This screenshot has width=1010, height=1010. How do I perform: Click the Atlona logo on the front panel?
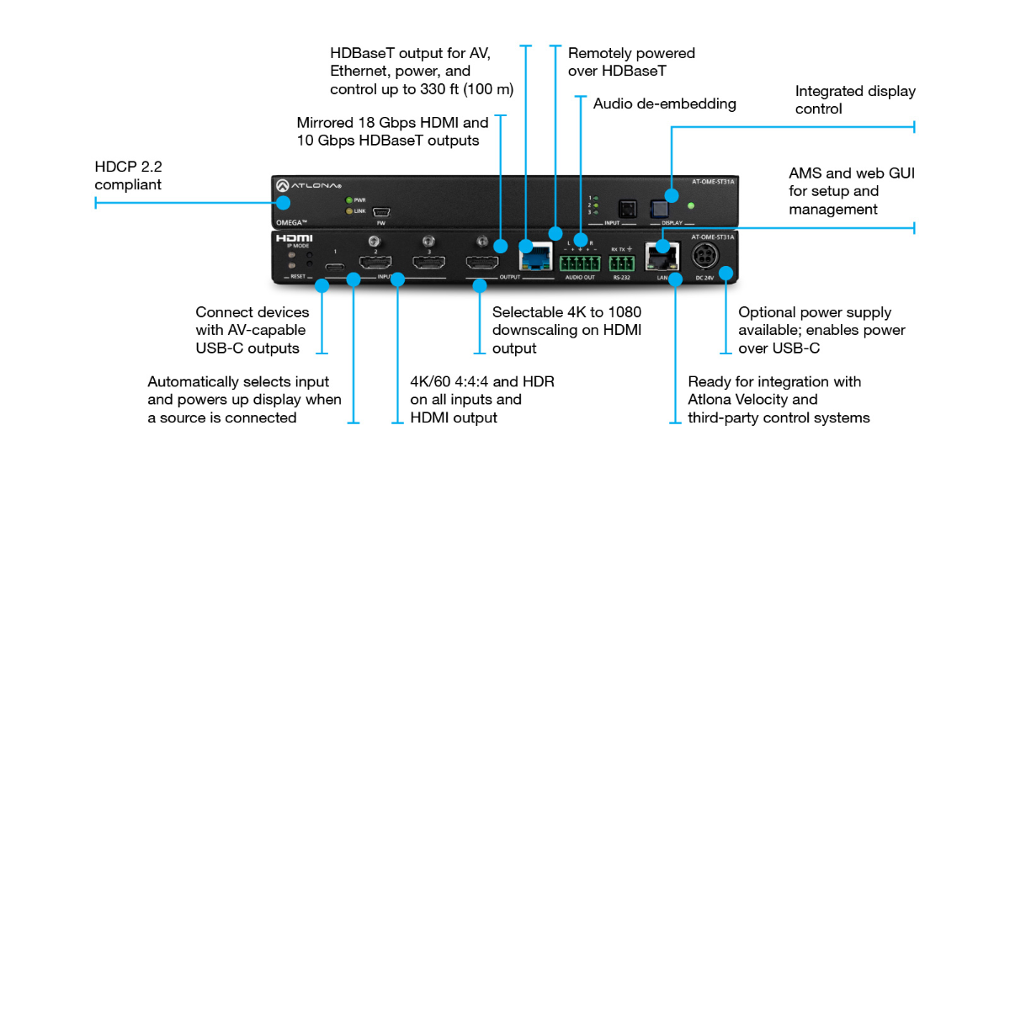coord(308,185)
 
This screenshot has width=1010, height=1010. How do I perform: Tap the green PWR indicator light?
coord(349,200)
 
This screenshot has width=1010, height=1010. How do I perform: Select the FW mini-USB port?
coord(381,212)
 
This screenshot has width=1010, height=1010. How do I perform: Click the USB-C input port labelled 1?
coord(335,266)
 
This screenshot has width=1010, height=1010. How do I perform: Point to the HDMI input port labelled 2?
coord(375,263)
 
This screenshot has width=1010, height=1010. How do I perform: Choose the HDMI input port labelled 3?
coord(428,263)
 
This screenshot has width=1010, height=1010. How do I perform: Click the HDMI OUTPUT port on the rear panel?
coord(482,263)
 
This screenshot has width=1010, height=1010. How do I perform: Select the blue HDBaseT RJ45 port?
coord(536,256)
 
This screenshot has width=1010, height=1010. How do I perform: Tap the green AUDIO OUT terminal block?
coord(580,263)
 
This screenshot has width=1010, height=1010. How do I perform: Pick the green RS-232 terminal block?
coord(622,263)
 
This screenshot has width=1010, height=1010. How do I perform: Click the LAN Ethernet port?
coord(662,256)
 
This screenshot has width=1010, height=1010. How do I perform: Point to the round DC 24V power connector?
coord(705,258)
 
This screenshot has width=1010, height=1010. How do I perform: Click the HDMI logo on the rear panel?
coord(294,239)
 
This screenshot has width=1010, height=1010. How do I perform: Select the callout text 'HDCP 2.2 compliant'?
coord(128,176)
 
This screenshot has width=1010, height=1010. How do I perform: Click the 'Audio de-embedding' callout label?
coord(664,104)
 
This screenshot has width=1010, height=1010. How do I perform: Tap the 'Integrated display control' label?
coord(854,99)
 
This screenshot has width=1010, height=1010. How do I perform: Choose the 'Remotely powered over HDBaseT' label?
coord(630,62)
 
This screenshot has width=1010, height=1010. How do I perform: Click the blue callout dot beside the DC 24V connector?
coord(726,273)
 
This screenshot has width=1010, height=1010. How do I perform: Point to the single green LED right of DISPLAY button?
coord(691,205)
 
